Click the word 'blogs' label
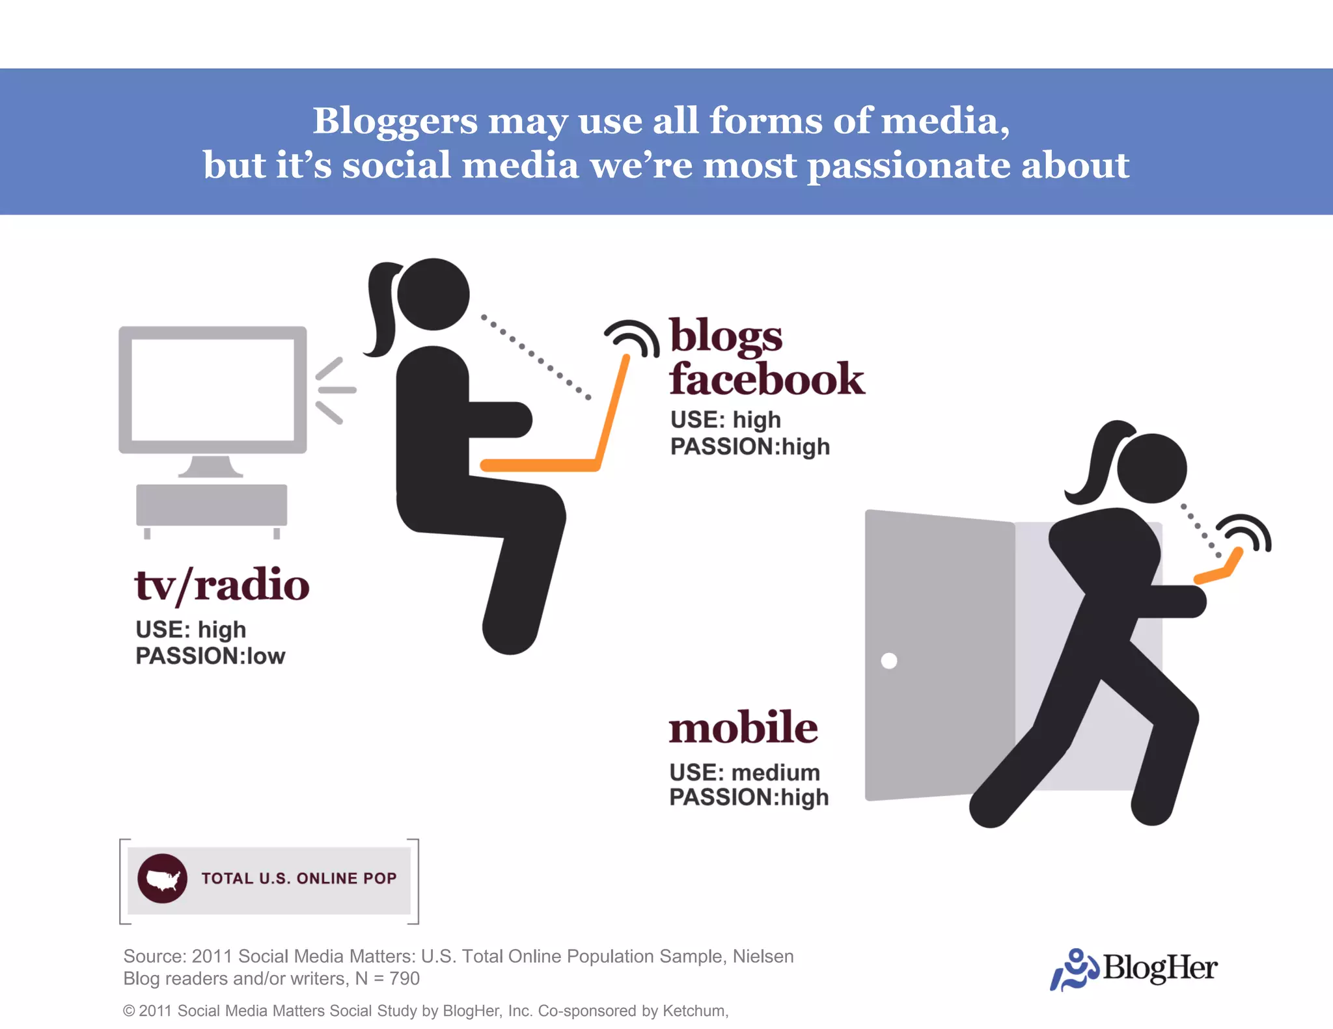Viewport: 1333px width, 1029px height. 726,337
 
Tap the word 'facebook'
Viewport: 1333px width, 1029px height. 767,379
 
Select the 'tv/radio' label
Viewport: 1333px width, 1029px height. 222,585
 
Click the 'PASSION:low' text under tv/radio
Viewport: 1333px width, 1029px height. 210,656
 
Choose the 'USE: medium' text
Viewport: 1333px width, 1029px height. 745,773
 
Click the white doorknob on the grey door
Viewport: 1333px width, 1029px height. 888,661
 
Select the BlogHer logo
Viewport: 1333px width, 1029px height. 1134,969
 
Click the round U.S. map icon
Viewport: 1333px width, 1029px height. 163,878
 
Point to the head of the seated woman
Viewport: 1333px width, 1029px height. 433,294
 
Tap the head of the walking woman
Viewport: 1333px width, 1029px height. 1151,468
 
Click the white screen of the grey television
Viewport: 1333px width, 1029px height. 213,389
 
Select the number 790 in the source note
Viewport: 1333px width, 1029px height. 404,978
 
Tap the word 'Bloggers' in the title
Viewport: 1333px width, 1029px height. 395,121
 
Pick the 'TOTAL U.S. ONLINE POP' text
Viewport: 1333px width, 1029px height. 299,878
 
